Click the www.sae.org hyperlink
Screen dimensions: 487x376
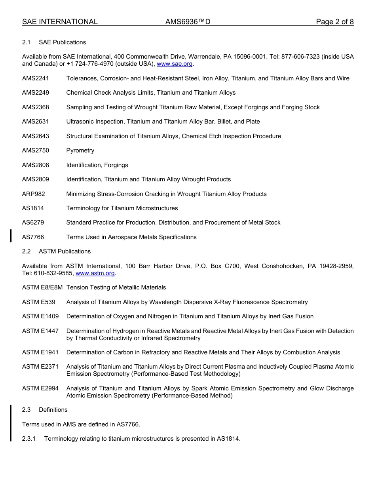(x=175, y=64)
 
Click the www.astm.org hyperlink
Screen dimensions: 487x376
(x=95, y=273)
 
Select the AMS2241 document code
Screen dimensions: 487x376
(x=36, y=78)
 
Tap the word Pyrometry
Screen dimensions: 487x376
(x=80, y=150)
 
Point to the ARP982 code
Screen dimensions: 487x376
(x=34, y=194)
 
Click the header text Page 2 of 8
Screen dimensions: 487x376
(x=334, y=22)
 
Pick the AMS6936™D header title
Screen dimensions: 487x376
(x=188, y=22)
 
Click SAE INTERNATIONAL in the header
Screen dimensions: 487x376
(x=60, y=22)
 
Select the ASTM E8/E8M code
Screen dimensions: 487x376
(x=42, y=287)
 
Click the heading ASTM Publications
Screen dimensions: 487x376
(x=65, y=251)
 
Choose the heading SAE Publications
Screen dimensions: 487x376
(x=62, y=42)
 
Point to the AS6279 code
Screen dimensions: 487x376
(x=33, y=223)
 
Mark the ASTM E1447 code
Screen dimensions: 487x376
(x=40, y=331)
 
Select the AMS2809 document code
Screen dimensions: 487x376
(x=36, y=179)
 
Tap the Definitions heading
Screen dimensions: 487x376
(x=53, y=410)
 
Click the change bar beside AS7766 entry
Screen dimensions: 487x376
(x=11, y=235)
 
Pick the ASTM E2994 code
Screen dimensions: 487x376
(x=40, y=388)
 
